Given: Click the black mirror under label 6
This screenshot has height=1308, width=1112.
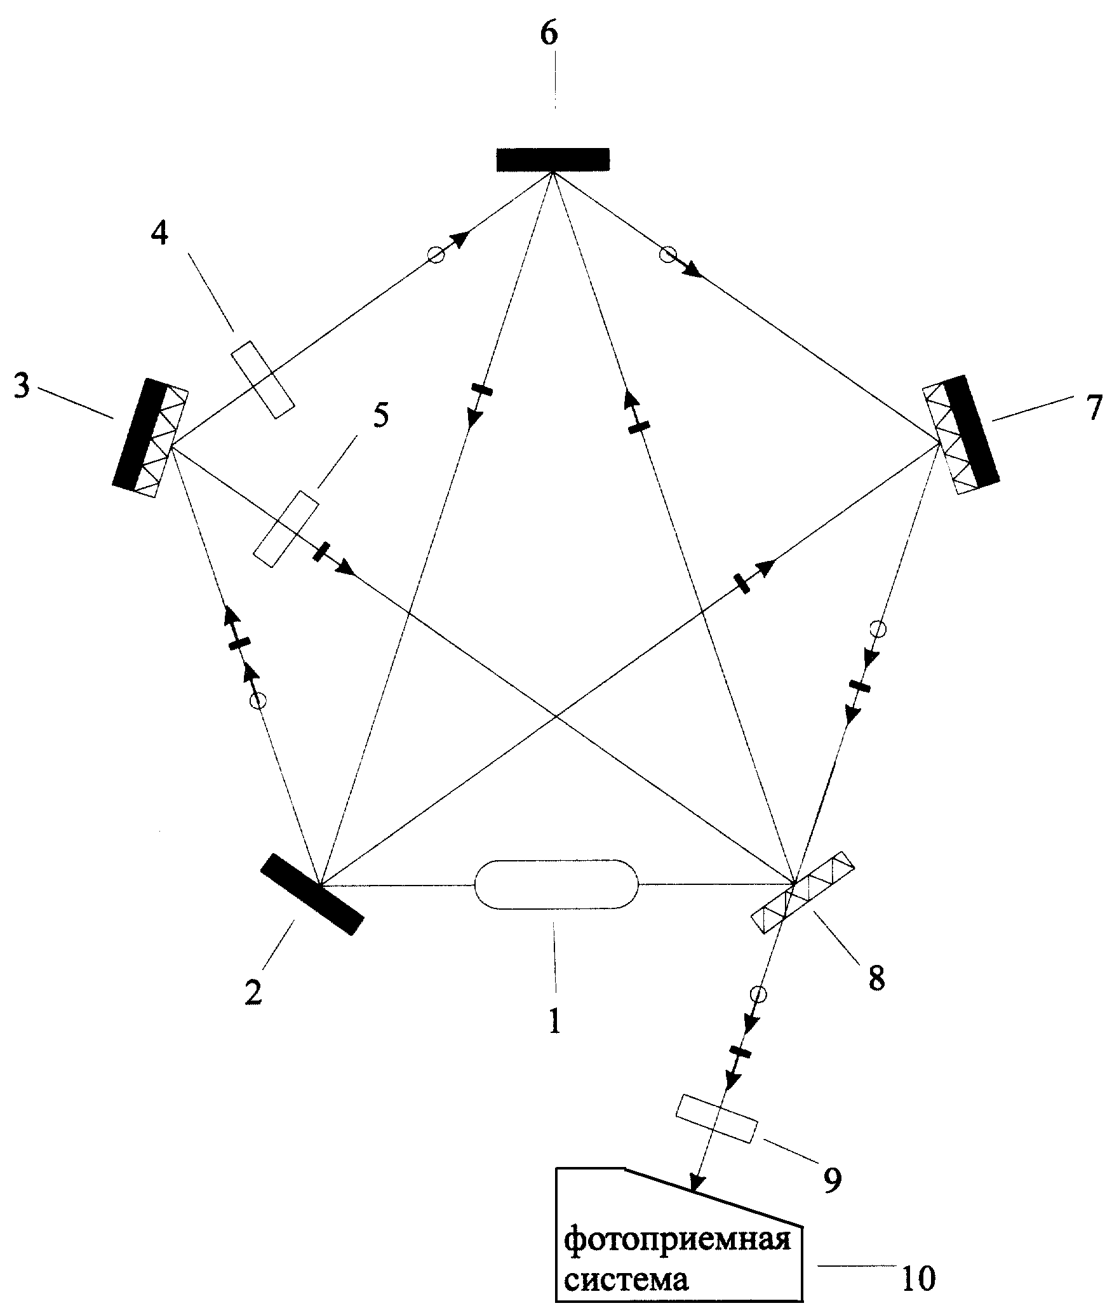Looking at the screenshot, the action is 553,159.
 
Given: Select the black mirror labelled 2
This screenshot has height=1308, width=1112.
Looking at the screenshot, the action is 312,894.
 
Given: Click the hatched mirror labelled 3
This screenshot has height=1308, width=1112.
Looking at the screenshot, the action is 151,438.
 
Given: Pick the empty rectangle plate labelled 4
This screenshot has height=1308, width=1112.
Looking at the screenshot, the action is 262,379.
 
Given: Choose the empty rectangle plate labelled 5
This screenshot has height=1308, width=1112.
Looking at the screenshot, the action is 286,528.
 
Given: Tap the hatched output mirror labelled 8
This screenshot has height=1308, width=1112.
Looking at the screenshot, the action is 803,893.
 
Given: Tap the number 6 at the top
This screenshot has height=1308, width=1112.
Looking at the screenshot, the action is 549,34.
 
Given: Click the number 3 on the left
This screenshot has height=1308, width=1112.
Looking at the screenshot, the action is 21,386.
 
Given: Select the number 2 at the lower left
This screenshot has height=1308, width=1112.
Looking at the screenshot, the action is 253,992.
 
